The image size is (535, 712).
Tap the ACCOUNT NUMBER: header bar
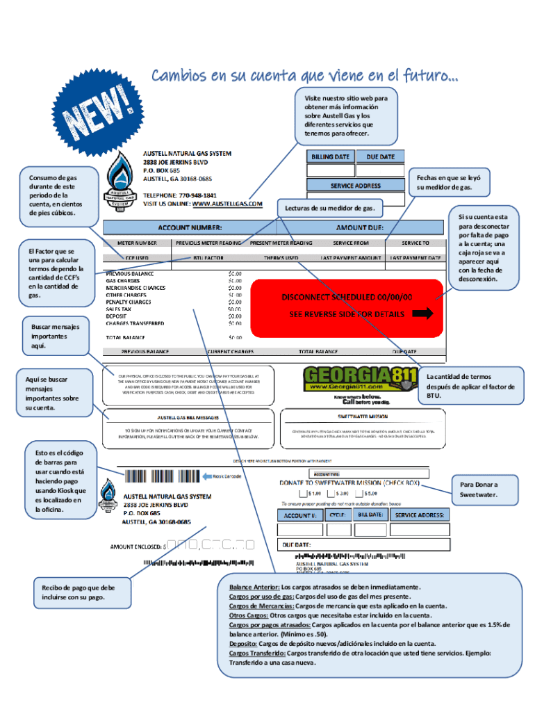[x=190, y=227]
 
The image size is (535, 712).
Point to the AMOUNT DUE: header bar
[x=359, y=227]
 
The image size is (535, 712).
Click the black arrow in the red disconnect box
[x=422, y=314]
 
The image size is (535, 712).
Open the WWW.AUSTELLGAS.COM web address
[x=227, y=204]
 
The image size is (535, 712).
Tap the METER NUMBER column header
[x=137, y=243]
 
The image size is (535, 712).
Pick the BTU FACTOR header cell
[x=208, y=257]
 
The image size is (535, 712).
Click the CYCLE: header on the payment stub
[x=338, y=515]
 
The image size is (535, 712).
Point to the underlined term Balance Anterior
[x=254, y=587]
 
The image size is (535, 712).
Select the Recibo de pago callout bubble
[x=79, y=592]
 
